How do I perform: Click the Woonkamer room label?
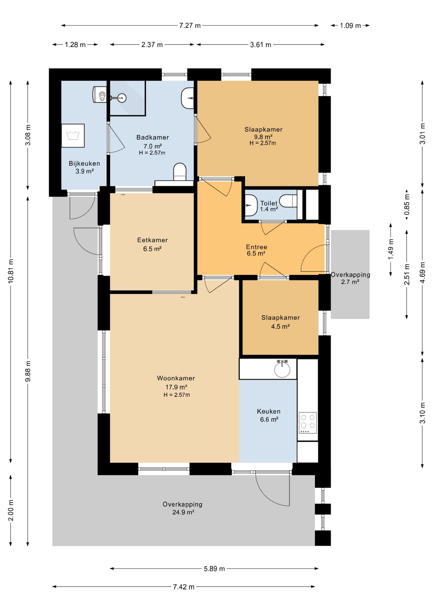point(176,386)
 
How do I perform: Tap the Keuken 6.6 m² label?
point(269,415)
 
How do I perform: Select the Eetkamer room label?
point(152,244)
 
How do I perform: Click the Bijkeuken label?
point(84,167)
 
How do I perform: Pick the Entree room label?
point(256,250)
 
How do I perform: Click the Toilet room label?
point(269,206)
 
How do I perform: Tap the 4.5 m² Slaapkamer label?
point(281,322)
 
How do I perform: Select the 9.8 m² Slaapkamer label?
point(263,136)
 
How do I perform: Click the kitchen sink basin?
point(282,369)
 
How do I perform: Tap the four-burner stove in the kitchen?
point(308,423)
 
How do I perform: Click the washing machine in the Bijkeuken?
point(73,136)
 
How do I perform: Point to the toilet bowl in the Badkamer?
point(180,172)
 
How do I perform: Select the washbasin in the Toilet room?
point(251,206)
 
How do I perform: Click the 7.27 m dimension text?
point(190,25)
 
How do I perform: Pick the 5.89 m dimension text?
point(214,568)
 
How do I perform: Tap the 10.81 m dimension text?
point(11,271)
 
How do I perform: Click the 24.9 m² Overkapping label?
point(183,508)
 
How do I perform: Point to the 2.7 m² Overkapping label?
point(350,278)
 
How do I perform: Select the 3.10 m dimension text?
point(422,413)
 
